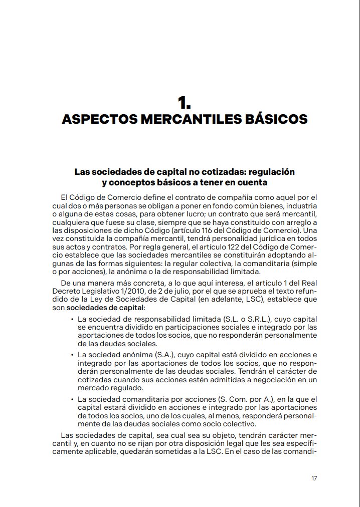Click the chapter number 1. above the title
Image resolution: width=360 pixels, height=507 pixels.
[184, 103]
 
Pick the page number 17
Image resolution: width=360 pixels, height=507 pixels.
[314, 478]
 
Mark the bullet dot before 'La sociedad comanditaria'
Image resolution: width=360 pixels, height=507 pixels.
[72, 399]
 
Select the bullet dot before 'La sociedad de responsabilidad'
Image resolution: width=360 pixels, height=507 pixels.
[72, 320]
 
